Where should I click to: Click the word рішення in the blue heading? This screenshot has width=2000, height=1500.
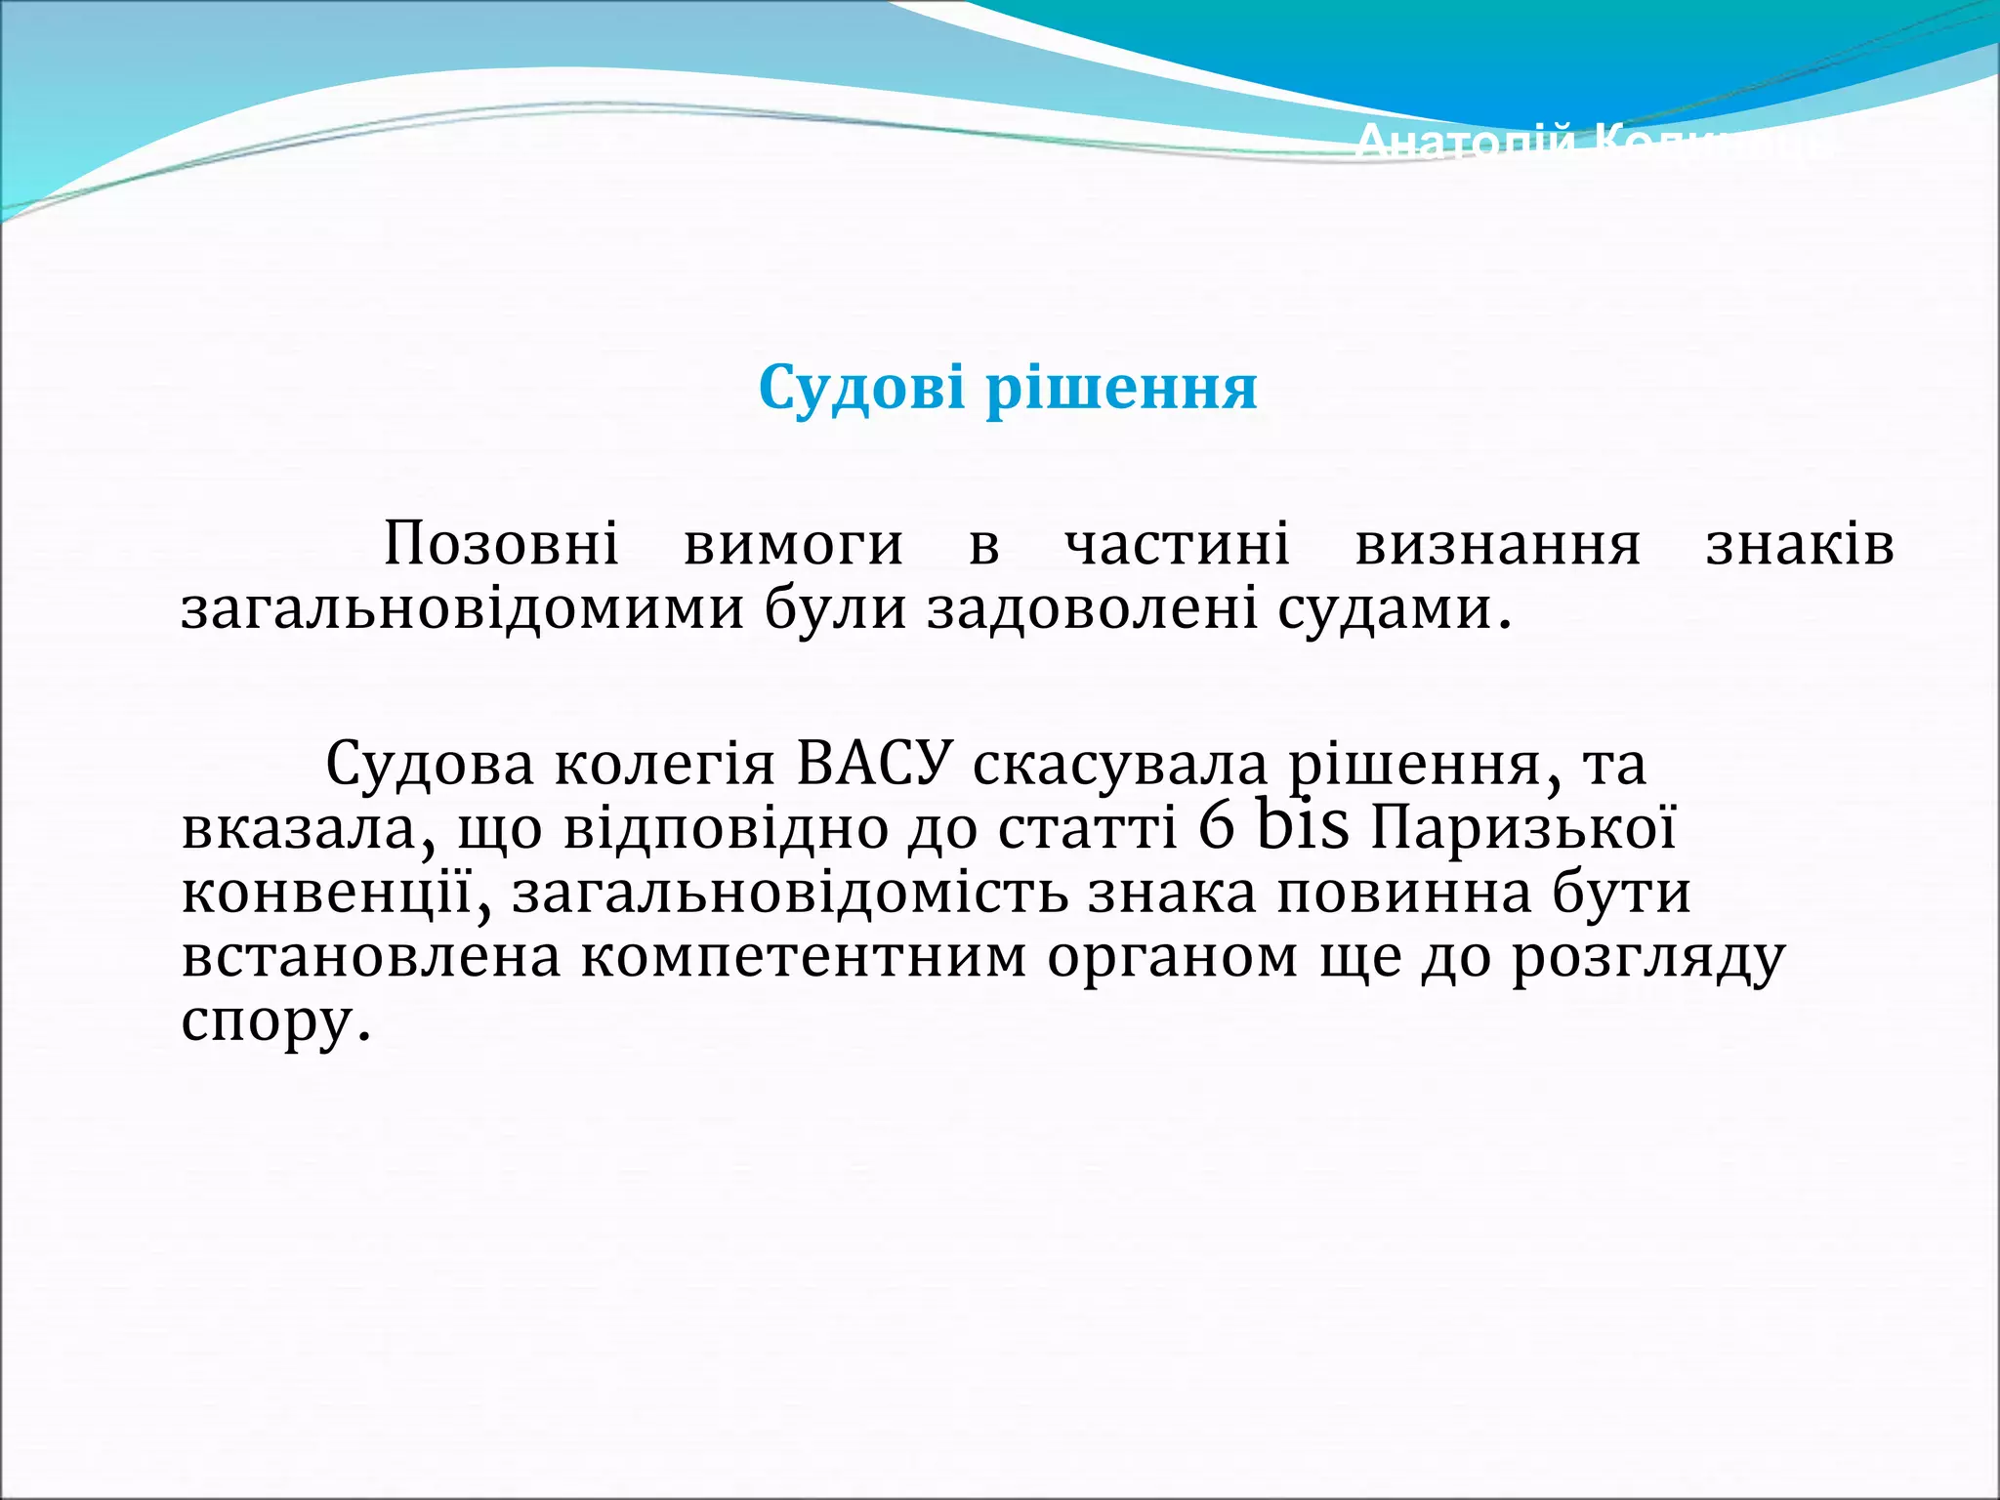(1121, 389)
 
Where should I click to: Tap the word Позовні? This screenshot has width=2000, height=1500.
(501, 544)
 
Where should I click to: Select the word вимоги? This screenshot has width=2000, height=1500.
(793, 545)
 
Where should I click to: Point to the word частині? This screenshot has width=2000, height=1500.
(1177, 544)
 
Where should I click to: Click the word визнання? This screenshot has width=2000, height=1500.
(1498, 544)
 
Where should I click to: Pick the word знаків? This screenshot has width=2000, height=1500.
(1800, 544)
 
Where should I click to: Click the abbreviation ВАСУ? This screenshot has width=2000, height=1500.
(873, 764)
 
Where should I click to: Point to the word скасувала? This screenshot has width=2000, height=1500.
(1119, 764)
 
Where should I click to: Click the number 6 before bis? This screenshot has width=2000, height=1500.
(1217, 828)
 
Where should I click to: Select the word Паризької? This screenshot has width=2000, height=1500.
(1523, 828)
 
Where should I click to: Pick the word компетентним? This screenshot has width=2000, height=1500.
(804, 957)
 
